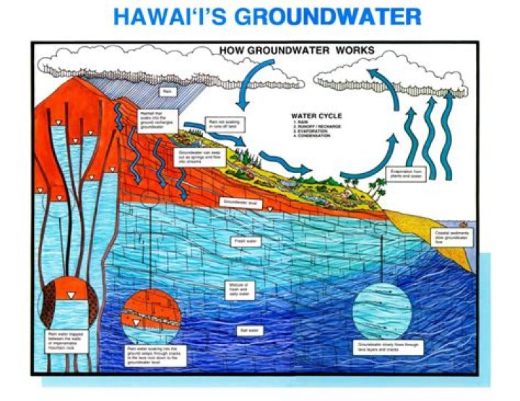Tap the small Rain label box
click(x=167, y=92)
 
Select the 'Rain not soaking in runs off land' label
click(x=225, y=124)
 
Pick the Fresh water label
click(x=243, y=241)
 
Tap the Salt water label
click(x=247, y=329)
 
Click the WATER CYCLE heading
click(x=316, y=115)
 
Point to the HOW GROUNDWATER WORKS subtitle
click(x=297, y=50)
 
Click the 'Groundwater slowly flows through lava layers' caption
click(x=383, y=348)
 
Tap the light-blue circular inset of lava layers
click(x=383, y=308)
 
